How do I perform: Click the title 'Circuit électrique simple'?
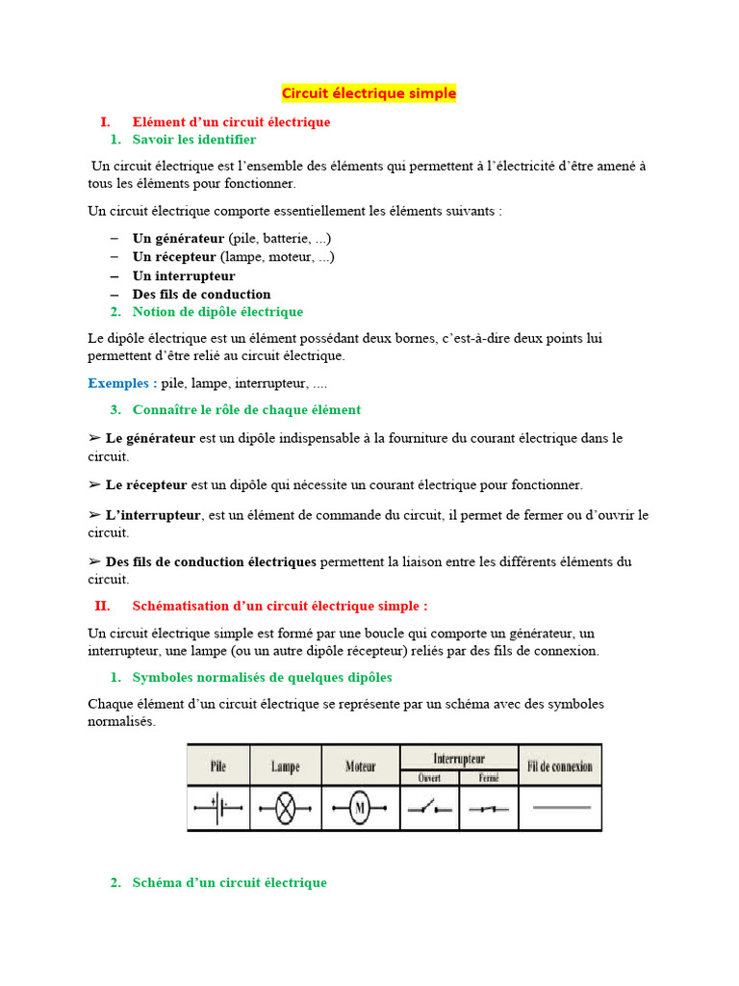coord(369,93)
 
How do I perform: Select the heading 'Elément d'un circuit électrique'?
coord(231,122)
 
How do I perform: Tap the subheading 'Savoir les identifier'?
coord(194,140)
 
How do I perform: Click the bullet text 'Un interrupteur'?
coord(184,275)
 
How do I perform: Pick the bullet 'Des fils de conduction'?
coord(201,294)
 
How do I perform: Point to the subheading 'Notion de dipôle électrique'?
coord(217,312)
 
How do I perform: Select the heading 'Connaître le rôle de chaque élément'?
coord(246,409)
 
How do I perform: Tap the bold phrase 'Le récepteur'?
coord(146,484)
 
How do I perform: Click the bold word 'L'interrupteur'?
coord(153,515)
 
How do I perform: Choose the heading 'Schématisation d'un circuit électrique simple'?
coord(279,606)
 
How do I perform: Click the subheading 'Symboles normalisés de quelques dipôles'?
coord(262,677)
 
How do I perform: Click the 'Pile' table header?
coord(217,766)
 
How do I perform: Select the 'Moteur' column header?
coord(360,766)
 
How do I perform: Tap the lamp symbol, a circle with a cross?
coord(286,809)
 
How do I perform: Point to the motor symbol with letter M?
coord(360,809)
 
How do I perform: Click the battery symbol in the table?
coord(217,809)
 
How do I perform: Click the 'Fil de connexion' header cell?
coord(560,766)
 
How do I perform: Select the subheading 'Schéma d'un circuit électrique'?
coord(229,882)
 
